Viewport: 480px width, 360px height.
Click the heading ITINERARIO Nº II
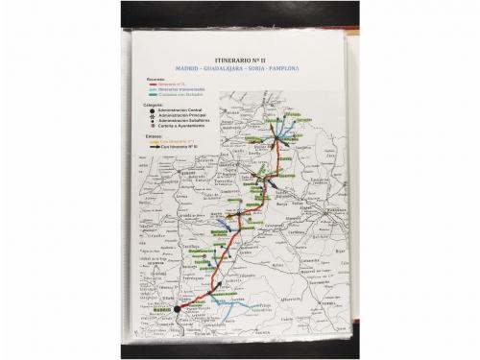tap(239, 60)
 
